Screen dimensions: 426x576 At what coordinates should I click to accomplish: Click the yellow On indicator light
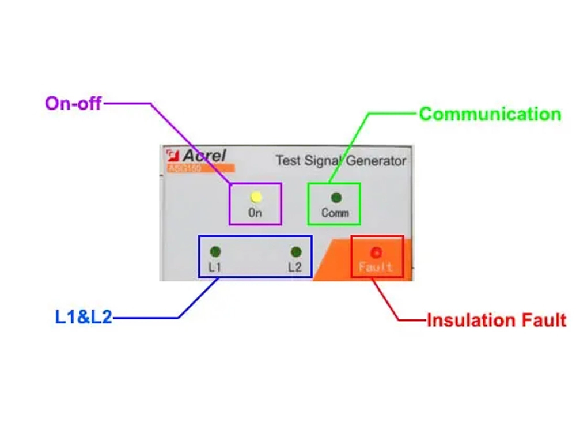pyautogui.click(x=256, y=197)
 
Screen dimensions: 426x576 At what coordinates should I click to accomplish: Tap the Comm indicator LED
pyautogui.click(x=336, y=198)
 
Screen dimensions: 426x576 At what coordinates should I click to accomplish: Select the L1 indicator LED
pyautogui.click(x=215, y=251)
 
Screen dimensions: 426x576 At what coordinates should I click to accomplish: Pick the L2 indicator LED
pyautogui.click(x=296, y=252)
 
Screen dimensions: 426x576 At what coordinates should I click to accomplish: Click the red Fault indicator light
pyautogui.click(x=377, y=252)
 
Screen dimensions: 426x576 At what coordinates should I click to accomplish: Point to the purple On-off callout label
pyautogui.click(x=73, y=104)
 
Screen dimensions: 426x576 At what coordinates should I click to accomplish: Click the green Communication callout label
pyautogui.click(x=490, y=114)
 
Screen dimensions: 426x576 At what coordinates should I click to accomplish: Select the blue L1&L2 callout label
pyautogui.click(x=84, y=317)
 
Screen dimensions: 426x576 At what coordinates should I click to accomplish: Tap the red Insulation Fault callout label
pyautogui.click(x=496, y=320)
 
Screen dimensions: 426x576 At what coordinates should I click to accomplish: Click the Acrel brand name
pyautogui.click(x=204, y=156)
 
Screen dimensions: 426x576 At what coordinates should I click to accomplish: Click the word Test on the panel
pyautogui.click(x=287, y=160)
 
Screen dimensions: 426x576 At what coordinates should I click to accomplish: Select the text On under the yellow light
pyautogui.click(x=255, y=212)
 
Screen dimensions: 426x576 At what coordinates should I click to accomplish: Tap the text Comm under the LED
pyautogui.click(x=335, y=213)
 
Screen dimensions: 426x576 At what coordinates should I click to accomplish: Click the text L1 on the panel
pyautogui.click(x=214, y=267)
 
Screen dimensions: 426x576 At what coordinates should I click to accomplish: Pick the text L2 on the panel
pyautogui.click(x=295, y=267)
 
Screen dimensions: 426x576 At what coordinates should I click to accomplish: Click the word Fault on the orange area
pyautogui.click(x=376, y=267)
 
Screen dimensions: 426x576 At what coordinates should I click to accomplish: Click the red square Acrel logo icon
pyautogui.click(x=172, y=155)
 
